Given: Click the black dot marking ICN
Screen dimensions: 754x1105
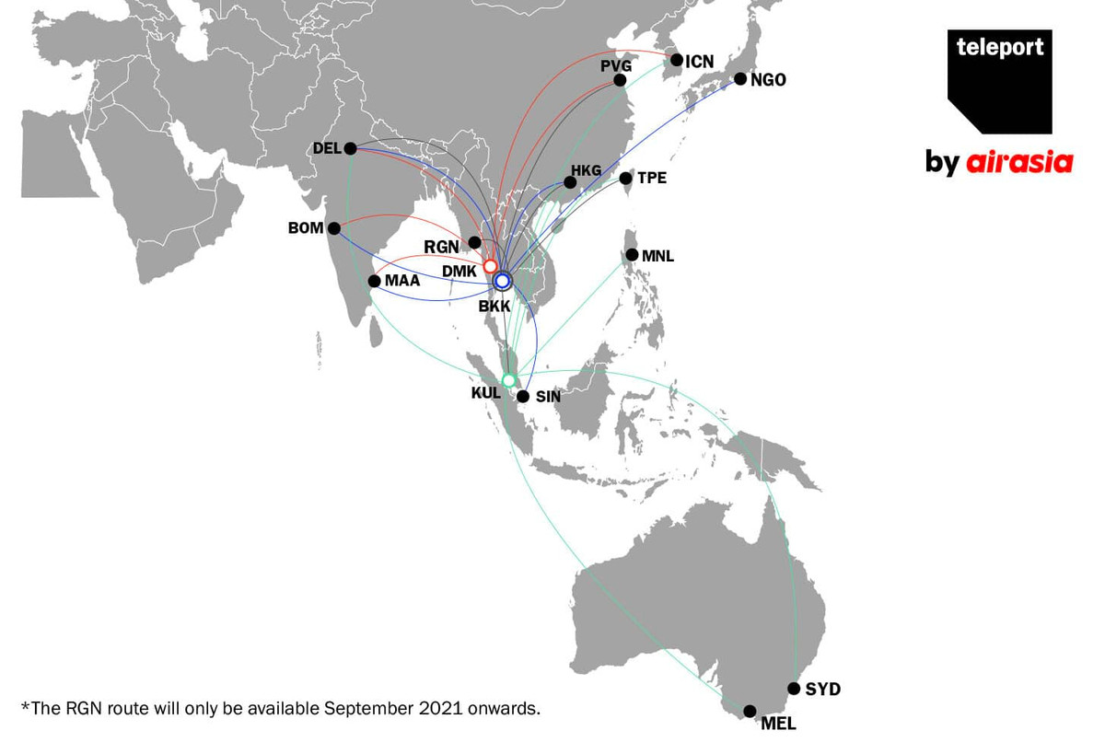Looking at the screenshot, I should pyautogui.click(x=677, y=61).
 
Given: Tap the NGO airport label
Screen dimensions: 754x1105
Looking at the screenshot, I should pyautogui.click(x=768, y=80).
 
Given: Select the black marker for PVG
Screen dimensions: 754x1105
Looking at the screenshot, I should pyautogui.click(x=620, y=81).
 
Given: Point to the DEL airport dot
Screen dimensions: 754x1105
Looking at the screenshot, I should pyautogui.click(x=350, y=148).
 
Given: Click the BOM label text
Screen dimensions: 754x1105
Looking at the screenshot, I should pyautogui.click(x=306, y=228).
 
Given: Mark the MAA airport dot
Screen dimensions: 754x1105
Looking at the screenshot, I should pyautogui.click(x=374, y=281).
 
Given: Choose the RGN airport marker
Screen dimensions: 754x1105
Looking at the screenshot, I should pyautogui.click(x=474, y=242).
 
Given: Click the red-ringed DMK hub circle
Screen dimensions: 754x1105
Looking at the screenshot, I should pyautogui.click(x=490, y=266).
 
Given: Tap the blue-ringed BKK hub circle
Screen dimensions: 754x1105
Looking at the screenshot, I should pyautogui.click(x=503, y=280).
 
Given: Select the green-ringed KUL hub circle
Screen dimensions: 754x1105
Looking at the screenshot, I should pyautogui.click(x=508, y=380).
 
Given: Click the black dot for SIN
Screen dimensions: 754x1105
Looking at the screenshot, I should pyautogui.click(x=523, y=397).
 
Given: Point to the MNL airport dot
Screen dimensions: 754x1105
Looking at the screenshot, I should pyautogui.click(x=632, y=255).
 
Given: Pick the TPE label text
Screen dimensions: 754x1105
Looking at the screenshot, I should pyautogui.click(x=652, y=179).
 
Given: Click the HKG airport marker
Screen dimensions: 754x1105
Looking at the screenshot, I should pyautogui.click(x=570, y=182).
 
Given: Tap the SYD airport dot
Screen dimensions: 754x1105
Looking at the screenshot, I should pyautogui.click(x=794, y=689).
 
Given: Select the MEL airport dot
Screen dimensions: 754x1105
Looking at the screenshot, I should pyautogui.click(x=750, y=711).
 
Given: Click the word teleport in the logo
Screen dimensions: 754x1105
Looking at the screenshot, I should pyautogui.click(x=999, y=48).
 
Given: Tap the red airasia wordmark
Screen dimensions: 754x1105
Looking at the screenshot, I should pyautogui.click(x=1019, y=163).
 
